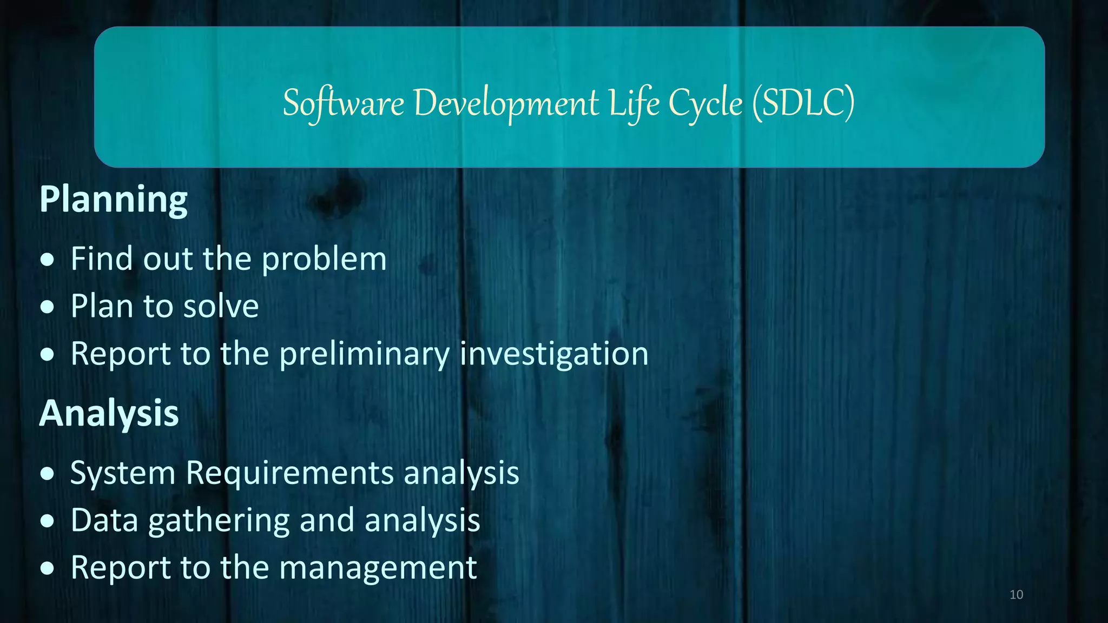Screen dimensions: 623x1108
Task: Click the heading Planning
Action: point(113,200)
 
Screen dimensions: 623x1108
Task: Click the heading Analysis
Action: point(109,414)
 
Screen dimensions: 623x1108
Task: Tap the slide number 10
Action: point(1016,595)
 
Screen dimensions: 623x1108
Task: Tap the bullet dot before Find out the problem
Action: point(48,260)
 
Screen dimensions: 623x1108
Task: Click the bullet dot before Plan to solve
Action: point(48,307)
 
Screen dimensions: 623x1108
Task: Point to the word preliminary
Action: point(364,354)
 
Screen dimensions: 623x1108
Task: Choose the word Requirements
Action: point(289,473)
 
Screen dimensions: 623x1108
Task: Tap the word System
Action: point(123,474)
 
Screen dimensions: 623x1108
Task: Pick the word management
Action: point(378,568)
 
